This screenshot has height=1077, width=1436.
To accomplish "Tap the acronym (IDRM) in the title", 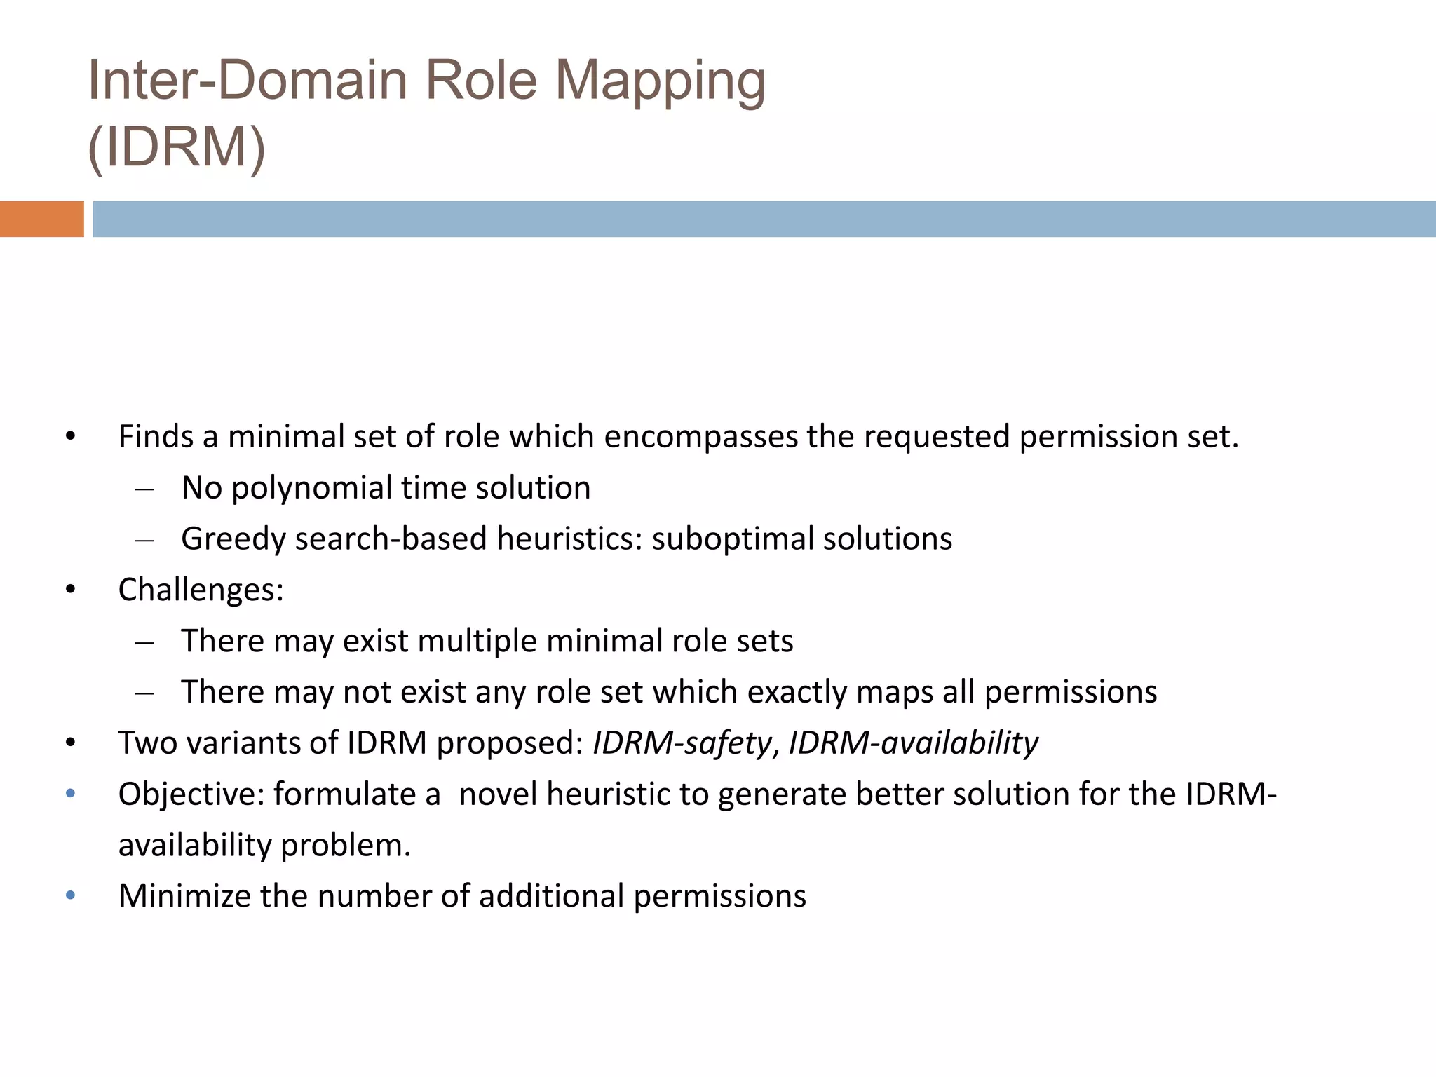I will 177,148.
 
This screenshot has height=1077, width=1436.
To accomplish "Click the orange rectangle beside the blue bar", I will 41,219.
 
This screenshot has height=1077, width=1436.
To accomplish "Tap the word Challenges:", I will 201,590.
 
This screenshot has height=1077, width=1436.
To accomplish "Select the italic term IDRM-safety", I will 682,743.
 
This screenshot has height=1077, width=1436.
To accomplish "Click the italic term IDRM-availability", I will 913,743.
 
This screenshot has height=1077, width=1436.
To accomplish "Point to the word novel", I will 499,794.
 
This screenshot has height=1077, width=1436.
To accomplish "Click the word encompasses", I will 700,437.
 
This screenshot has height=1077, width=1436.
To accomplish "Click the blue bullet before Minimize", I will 70,895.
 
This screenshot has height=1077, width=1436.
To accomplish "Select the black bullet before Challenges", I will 70,590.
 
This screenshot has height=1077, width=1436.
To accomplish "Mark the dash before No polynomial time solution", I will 145,489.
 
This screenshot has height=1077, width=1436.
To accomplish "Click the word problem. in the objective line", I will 346,846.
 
